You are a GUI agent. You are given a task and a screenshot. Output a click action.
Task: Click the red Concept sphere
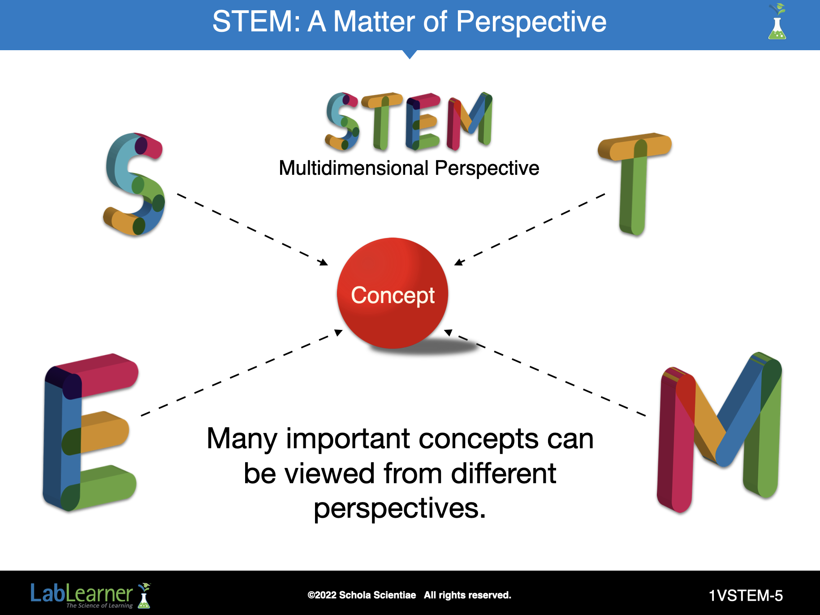pos(393,293)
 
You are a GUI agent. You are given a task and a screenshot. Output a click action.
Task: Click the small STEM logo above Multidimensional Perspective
pos(409,121)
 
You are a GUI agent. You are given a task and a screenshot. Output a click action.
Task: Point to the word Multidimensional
pos(354,168)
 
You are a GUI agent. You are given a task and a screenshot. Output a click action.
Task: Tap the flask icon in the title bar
pos(777,22)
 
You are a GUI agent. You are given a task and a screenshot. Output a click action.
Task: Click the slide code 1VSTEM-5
pos(746,595)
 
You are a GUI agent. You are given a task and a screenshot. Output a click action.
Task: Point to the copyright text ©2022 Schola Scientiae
pos(362,595)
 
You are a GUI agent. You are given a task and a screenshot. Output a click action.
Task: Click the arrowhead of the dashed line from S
pos(324,262)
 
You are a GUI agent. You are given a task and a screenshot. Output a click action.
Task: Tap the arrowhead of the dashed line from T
pos(459,262)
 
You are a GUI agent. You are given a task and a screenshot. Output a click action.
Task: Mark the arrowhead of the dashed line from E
pos(339,332)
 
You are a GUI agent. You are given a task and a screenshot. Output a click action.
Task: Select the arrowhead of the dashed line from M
pos(448,332)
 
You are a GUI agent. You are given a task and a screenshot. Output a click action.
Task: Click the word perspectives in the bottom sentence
pos(400,509)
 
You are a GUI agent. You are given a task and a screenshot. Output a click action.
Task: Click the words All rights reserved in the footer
pos(467,595)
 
